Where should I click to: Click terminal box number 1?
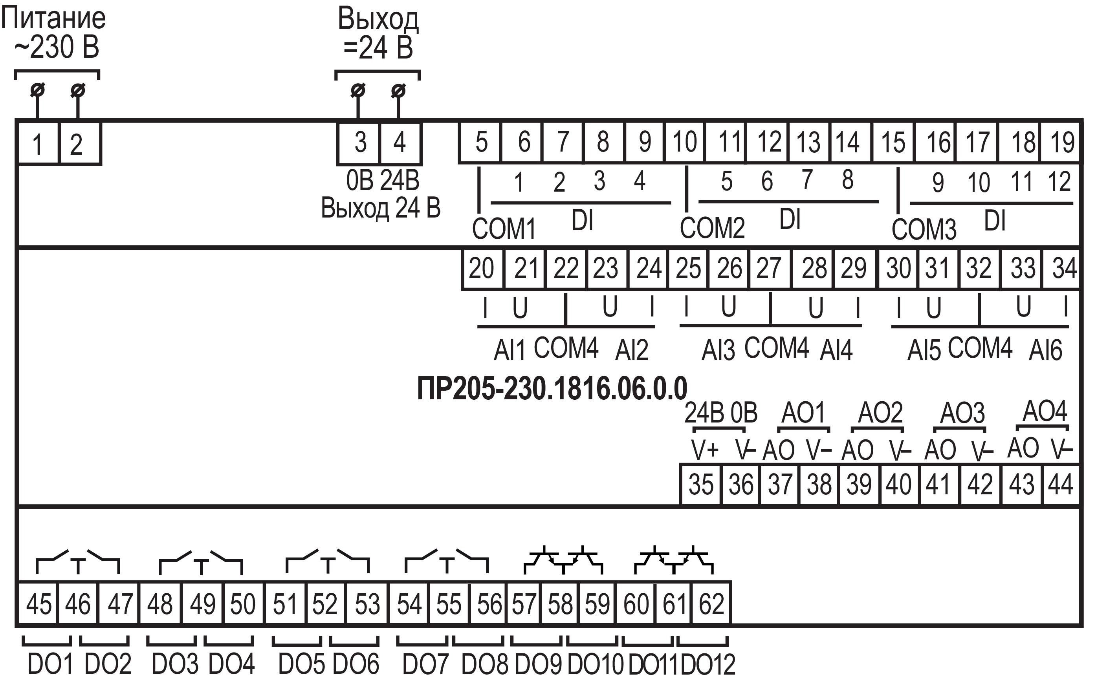coord(38,143)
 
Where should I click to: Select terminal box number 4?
coord(400,143)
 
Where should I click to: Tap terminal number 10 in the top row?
coord(684,142)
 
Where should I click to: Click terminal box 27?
coord(769,268)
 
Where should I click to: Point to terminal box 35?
coord(700,484)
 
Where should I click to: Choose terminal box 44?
coord(1060,484)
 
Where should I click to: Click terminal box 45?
coord(38,604)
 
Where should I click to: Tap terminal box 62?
coord(711,604)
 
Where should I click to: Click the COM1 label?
coord(504,229)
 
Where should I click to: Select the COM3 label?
coord(924,229)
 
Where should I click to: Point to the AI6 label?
coord(1045,350)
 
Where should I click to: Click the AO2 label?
coord(880,412)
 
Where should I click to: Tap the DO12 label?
coord(708,664)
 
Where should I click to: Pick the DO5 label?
coord(301,664)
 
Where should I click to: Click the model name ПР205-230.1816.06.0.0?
coord(552,388)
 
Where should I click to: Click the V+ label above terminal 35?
coord(705,450)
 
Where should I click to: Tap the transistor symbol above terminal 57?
coord(543,560)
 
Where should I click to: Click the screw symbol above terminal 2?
coord(77,90)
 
